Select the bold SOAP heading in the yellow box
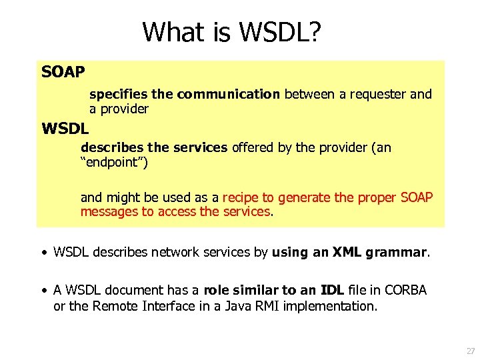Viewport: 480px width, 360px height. pos(63,71)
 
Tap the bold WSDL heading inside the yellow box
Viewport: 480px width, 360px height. pos(65,127)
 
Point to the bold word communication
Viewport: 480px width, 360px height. pos(229,94)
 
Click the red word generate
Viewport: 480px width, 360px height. pos(304,197)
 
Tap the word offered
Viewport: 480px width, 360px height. pos(253,147)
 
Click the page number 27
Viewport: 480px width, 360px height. pos(471,350)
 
